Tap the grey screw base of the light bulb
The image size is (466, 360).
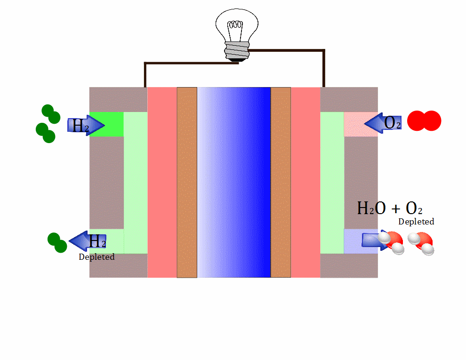(x=236, y=49)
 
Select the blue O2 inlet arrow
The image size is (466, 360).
(x=383, y=123)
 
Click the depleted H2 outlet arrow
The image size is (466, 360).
(x=88, y=241)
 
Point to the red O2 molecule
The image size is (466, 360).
(x=424, y=121)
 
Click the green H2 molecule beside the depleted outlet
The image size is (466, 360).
(x=57, y=242)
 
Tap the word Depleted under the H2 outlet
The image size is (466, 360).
(x=96, y=257)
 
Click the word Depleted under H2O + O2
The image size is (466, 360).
(x=416, y=221)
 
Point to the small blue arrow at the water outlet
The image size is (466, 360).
(x=372, y=240)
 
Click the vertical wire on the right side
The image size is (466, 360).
(x=323, y=68)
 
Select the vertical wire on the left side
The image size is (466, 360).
(x=145, y=75)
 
